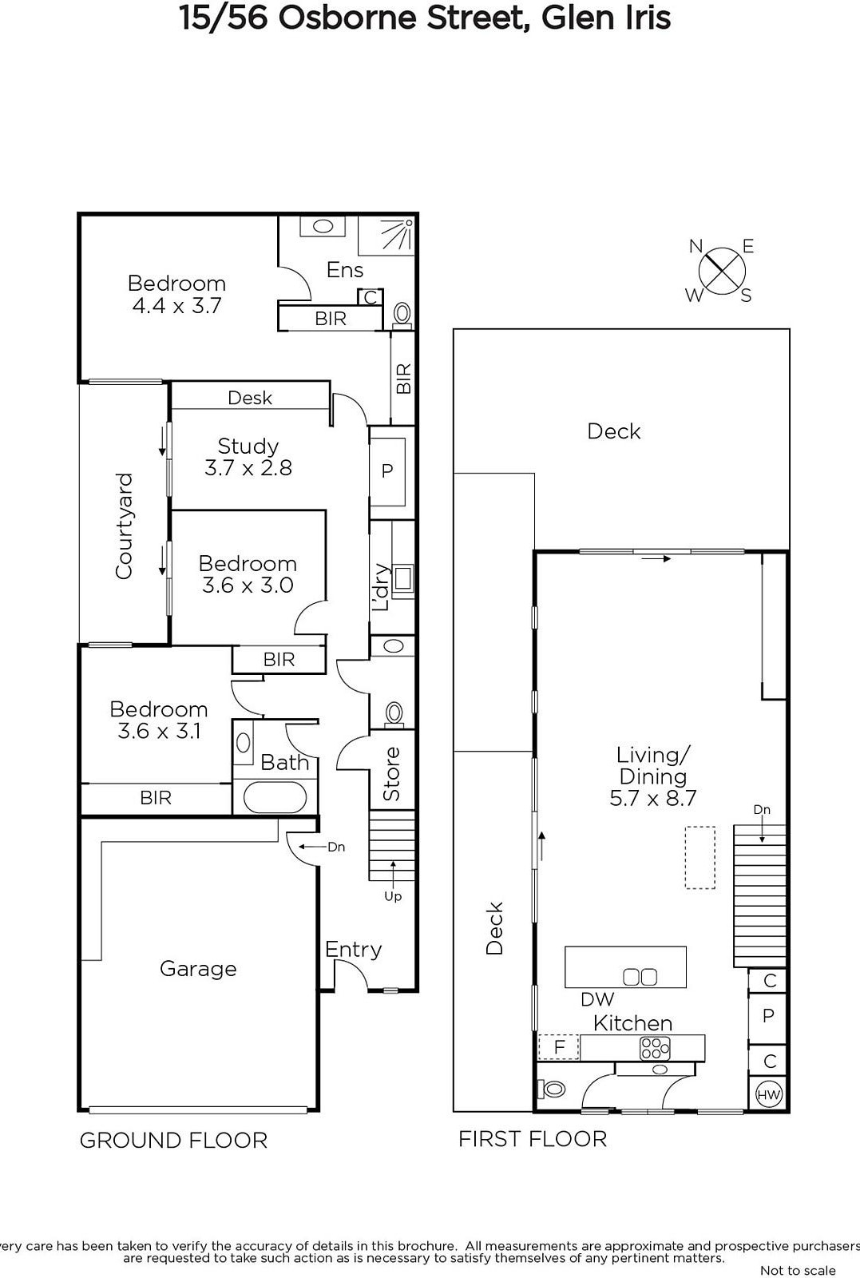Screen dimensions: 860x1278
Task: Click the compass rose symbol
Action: coord(721,271)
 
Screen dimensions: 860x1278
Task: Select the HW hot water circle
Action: coord(768,1093)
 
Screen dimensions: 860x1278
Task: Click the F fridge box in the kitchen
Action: coord(559,1047)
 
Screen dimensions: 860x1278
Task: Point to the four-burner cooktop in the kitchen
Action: coord(655,1047)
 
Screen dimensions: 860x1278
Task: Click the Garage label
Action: coord(198,968)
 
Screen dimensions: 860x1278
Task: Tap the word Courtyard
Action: coord(124,526)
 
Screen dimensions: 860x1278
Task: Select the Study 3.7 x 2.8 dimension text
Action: coord(248,468)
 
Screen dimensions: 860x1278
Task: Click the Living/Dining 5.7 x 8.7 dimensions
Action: coord(653,798)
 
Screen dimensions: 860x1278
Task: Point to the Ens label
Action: coord(345,269)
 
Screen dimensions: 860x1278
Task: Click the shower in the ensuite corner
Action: coord(385,236)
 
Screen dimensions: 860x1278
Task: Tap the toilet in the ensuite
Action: coord(402,315)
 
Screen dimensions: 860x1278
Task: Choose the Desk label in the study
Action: coord(250,398)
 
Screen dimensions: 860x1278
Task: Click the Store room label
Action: coord(391,773)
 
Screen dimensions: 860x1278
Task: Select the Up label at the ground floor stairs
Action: coord(392,896)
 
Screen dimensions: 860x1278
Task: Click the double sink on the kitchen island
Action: coord(640,978)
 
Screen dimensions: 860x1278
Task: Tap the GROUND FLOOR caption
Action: coord(173,1141)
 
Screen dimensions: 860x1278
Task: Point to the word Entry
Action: coord(353,950)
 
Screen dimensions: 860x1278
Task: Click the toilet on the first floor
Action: coord(551,1089)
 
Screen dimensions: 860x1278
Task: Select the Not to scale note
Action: coord(798,1270)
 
